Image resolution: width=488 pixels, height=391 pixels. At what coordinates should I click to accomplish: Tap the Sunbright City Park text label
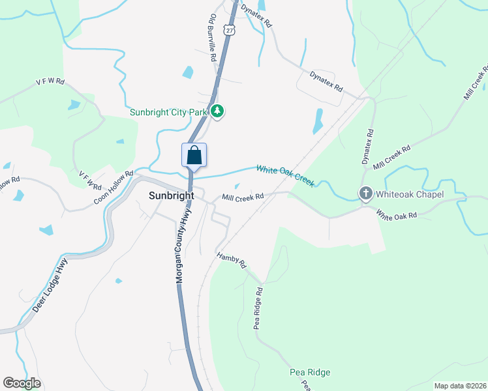pyautogui.click(x=167, y=112)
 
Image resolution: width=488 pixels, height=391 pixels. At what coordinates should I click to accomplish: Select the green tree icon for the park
pyautogui.click(x=218, y=111)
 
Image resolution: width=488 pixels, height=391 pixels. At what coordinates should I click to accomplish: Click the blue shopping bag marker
pyautogui.click(x=194, y=156)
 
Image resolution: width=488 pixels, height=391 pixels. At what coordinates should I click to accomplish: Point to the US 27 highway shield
pyautogui.click(x=228, y=29)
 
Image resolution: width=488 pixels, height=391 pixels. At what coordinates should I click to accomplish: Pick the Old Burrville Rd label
pyautogui.click(x=212, y=38)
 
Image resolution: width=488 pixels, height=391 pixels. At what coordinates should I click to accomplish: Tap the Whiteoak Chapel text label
pyautogui.click(x=410, y=194)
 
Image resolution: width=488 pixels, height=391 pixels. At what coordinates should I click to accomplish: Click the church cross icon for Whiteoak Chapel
pyautogui.click(x=366, y=194)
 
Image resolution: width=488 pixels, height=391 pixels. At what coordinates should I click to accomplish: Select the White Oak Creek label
pyautogui.click(x=285, y=175)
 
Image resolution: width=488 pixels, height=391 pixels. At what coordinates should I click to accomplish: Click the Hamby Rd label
pyautogui.click(x=232, y=260)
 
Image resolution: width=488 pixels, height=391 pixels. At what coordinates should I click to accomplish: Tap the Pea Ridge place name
pyautogui.click(x=310, y=372)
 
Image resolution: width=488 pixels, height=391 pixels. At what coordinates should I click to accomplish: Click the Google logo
pyautogui.click(x=22, y=383)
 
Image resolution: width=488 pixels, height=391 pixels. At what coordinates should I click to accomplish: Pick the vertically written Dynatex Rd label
pyautogui.click(x=369, y=147)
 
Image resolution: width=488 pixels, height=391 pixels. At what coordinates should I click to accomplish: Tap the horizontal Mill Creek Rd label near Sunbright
pyautogui.click(x=242, y=197)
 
